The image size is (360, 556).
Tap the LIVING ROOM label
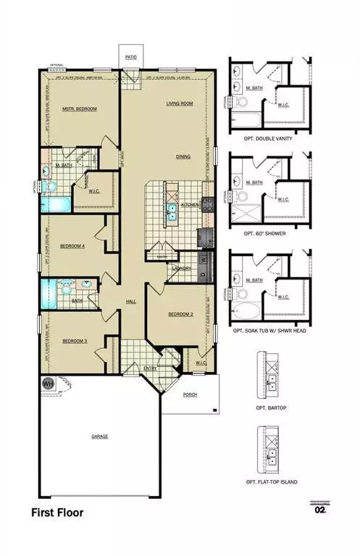click(180, 104)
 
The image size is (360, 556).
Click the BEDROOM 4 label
click(72, 246)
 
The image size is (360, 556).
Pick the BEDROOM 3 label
click(74, 341)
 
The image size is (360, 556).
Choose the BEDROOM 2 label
click(179, 314)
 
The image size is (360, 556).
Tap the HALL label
click(131, 301)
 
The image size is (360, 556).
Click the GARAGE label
click(100, 437)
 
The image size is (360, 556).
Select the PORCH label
click(190, 395)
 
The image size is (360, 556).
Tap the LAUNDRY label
click(181, 269)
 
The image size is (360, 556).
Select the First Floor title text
click(57, 513)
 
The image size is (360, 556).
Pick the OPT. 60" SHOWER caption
click(267, 235)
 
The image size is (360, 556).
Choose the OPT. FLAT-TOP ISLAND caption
click(272, 482)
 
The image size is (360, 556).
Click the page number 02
click(319, 510)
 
